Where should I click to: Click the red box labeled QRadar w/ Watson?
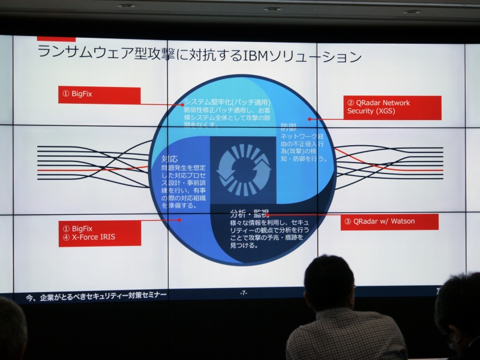(389, 221)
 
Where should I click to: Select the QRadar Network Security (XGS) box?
(392, 107)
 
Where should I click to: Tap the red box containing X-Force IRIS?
(100, 233)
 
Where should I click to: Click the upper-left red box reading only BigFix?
(99, 95)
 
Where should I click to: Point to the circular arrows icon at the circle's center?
(243, 170)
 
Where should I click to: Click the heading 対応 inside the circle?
(169, 160)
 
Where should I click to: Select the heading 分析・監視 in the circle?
(249, 213)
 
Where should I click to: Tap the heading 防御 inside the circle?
(289, 127)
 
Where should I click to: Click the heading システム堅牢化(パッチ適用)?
(227, 102)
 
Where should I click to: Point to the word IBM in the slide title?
(259, 57)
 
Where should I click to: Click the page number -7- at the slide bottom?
(243, 293)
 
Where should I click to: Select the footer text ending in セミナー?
(97, 295)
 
